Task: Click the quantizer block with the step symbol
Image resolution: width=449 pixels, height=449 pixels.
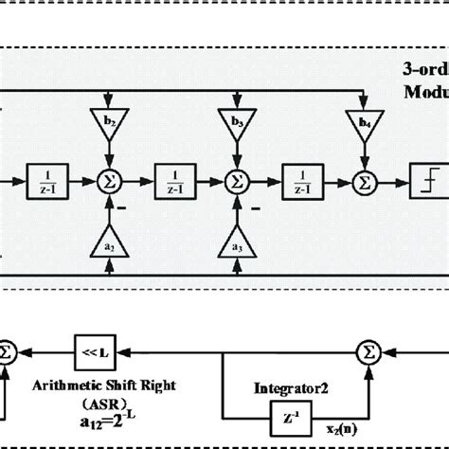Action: (421, 178)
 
